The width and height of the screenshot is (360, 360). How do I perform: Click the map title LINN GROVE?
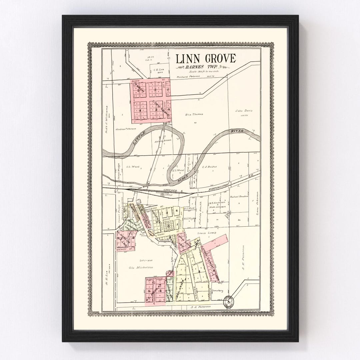coord(206,59)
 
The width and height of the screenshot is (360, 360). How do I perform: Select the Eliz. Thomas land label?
coord(194,114)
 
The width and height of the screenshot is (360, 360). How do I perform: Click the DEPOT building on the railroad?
coord(164,194)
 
